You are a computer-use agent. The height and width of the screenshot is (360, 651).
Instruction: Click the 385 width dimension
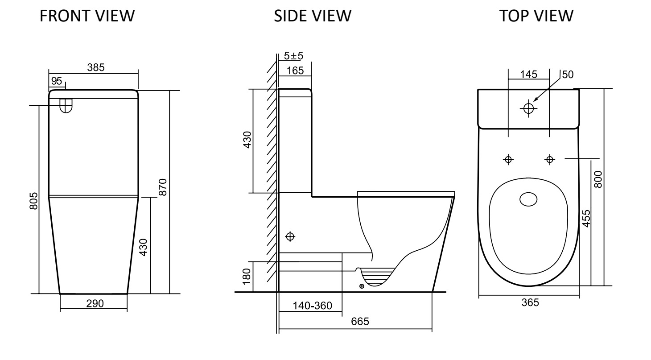point(96,67)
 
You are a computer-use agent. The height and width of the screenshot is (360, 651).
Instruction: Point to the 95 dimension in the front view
point(56,81)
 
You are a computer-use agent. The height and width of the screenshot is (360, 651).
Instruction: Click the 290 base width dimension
point(95,304)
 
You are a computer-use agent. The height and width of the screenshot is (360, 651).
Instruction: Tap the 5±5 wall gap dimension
point(294,57)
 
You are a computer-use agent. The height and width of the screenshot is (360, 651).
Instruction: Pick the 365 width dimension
point(530,302)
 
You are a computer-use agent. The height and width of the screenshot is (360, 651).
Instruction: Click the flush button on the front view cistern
point(66,105)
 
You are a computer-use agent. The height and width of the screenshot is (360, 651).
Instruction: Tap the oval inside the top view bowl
point(529,200)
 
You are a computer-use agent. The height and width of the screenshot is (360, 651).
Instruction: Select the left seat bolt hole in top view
point(508,159)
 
